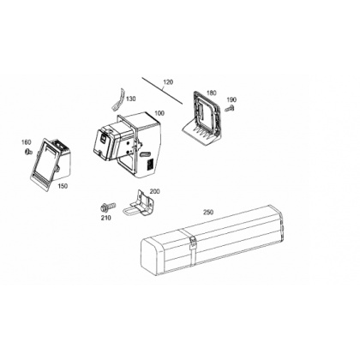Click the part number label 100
(159, 113)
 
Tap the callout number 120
(168, 82)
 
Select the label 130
(131, 99)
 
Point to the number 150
(63, 186)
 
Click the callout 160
(27, 142)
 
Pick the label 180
(212, 93)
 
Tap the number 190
(231, 99)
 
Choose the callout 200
(155, 191)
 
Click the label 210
(105, 218)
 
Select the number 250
(208, 213)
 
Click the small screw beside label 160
(28, 151)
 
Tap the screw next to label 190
(230, 108)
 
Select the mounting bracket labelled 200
(140, 203)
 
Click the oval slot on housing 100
(146, 154)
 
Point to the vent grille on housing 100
(151, 165)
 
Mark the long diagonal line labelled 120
(162, 91)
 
